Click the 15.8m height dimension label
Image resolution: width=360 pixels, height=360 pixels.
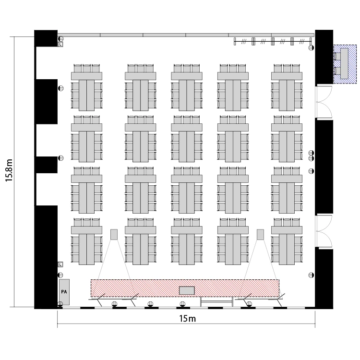(9, 170)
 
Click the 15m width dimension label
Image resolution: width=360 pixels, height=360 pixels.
(187, 319)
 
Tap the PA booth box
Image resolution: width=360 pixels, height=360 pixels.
(64, 292)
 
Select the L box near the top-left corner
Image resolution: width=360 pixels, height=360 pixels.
(60, 44)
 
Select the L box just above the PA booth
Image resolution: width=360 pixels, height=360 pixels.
(60, 264)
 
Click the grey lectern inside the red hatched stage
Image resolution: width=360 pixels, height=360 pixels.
(187, 290)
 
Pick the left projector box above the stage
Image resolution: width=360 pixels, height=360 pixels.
(114, 234)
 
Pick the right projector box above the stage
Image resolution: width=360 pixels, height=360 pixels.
(260, 234)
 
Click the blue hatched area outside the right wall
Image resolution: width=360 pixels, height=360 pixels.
(345, 64)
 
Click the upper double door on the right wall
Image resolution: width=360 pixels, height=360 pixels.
(324, 102)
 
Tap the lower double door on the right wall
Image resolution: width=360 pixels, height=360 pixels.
(324, 231)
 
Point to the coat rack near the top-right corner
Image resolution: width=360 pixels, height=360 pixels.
(273, 41)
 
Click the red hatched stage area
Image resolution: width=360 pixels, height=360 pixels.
(185, 288)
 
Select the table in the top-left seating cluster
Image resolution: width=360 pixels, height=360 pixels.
(86, 91)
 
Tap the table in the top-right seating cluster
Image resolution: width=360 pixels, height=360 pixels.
(287, 91)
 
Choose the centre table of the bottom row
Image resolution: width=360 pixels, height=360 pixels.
(187, 245)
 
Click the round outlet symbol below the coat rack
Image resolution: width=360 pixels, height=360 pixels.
(311, 48)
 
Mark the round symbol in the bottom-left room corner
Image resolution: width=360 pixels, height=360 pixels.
(60, 304)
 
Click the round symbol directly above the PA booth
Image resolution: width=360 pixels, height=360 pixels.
(60, 275)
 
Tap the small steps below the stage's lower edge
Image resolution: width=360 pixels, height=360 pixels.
(217, 302)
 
